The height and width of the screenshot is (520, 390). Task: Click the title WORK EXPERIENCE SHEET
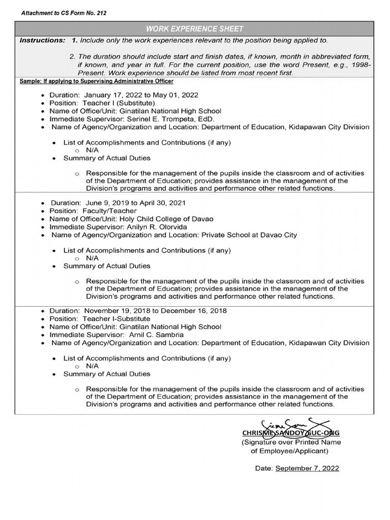pos(195,29)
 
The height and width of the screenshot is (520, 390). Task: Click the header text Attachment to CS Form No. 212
pos(64,13)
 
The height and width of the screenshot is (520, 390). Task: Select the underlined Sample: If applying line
pos(96,81)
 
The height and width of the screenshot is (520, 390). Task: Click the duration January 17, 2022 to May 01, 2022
pos(141,95)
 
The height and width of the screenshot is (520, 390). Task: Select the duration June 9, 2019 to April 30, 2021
pos(136,203)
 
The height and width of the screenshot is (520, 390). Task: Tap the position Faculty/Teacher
pos(110,211)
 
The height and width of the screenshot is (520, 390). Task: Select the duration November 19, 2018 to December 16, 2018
pos(155,311)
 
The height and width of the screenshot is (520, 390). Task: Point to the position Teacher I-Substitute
pos(116,319)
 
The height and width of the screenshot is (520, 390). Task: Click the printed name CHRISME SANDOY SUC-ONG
pos(291,433)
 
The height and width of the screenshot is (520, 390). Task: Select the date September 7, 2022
pos(307,468)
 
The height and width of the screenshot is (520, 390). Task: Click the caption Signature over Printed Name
pos(291,442)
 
